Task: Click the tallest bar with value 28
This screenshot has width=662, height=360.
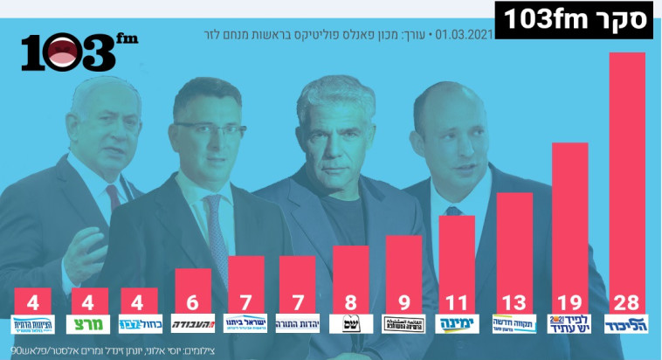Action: (627, 175)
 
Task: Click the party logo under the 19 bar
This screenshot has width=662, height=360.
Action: (570, 324)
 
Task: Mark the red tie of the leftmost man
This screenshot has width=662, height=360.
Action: (114, 196)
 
